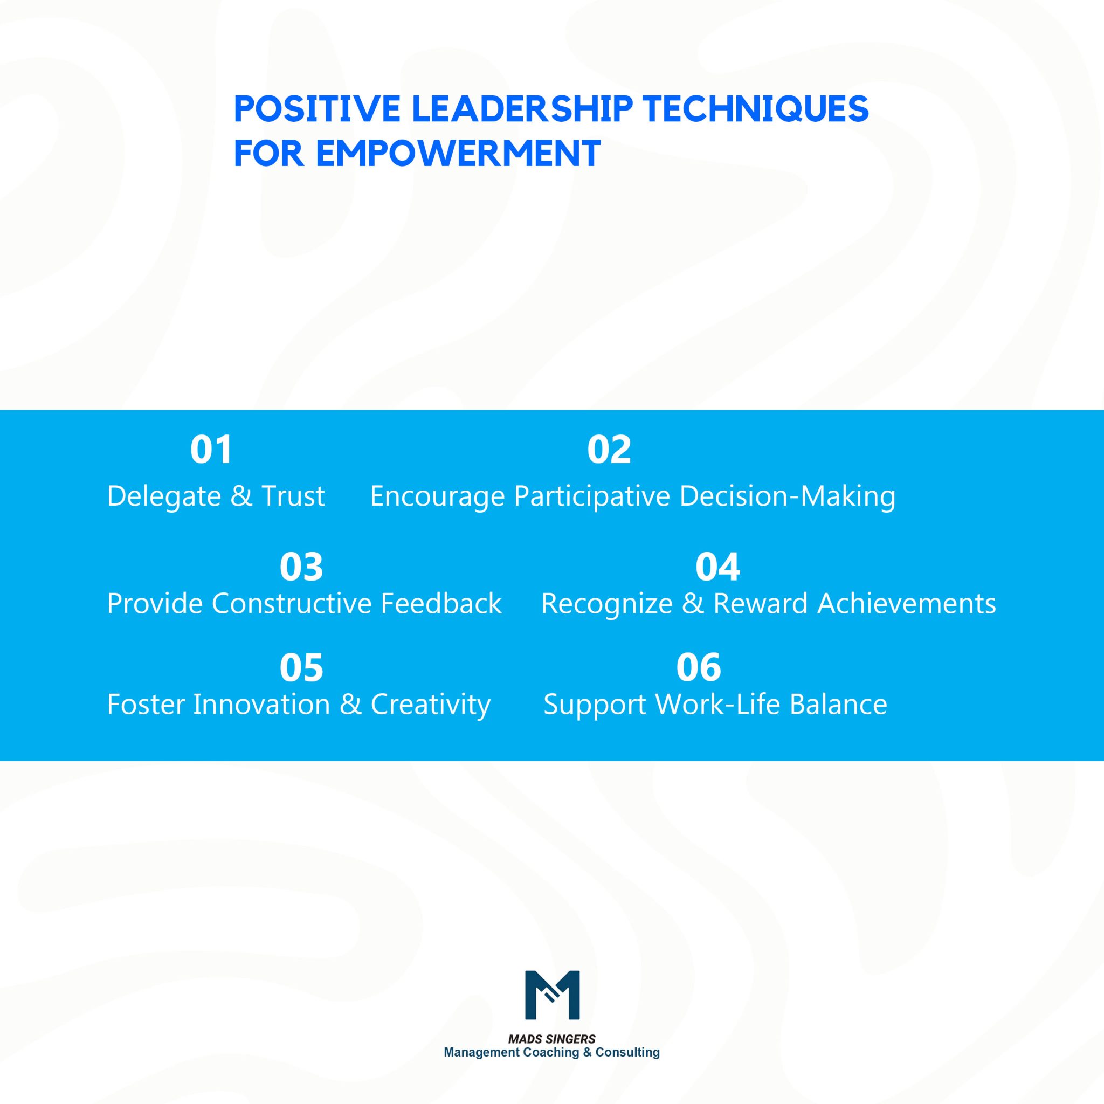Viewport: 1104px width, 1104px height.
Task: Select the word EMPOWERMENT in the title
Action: [458, 153]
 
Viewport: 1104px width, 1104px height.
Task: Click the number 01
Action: [211, 449]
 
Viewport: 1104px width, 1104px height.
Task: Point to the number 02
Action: [609, 449]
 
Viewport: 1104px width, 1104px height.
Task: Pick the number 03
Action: [301, 567]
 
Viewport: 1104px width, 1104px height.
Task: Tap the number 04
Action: [717, 567]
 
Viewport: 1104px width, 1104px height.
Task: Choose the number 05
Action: [301, 667]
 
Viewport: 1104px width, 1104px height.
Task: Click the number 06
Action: [698, 667]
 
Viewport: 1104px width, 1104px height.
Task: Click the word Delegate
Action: [164, 495]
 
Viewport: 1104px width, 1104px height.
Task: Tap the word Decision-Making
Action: [787, 496]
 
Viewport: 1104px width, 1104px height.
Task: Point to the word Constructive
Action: [292, 603]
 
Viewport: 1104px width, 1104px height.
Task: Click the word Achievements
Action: [906, 603]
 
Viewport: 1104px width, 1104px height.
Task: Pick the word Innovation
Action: [261, 704]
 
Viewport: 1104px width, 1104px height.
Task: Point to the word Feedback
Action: [440, 603]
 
